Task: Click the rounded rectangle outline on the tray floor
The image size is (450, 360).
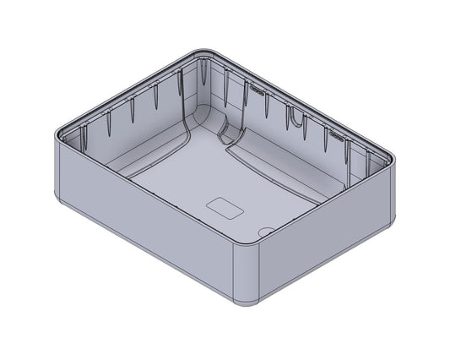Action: coord(225,206)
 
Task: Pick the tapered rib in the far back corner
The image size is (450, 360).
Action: coord(204,76)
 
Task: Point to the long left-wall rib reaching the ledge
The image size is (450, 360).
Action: coord(181,93)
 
